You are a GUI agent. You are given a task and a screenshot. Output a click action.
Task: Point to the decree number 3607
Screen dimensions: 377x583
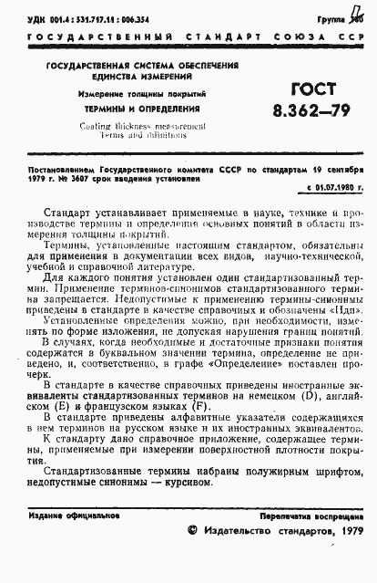point(83,179)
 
